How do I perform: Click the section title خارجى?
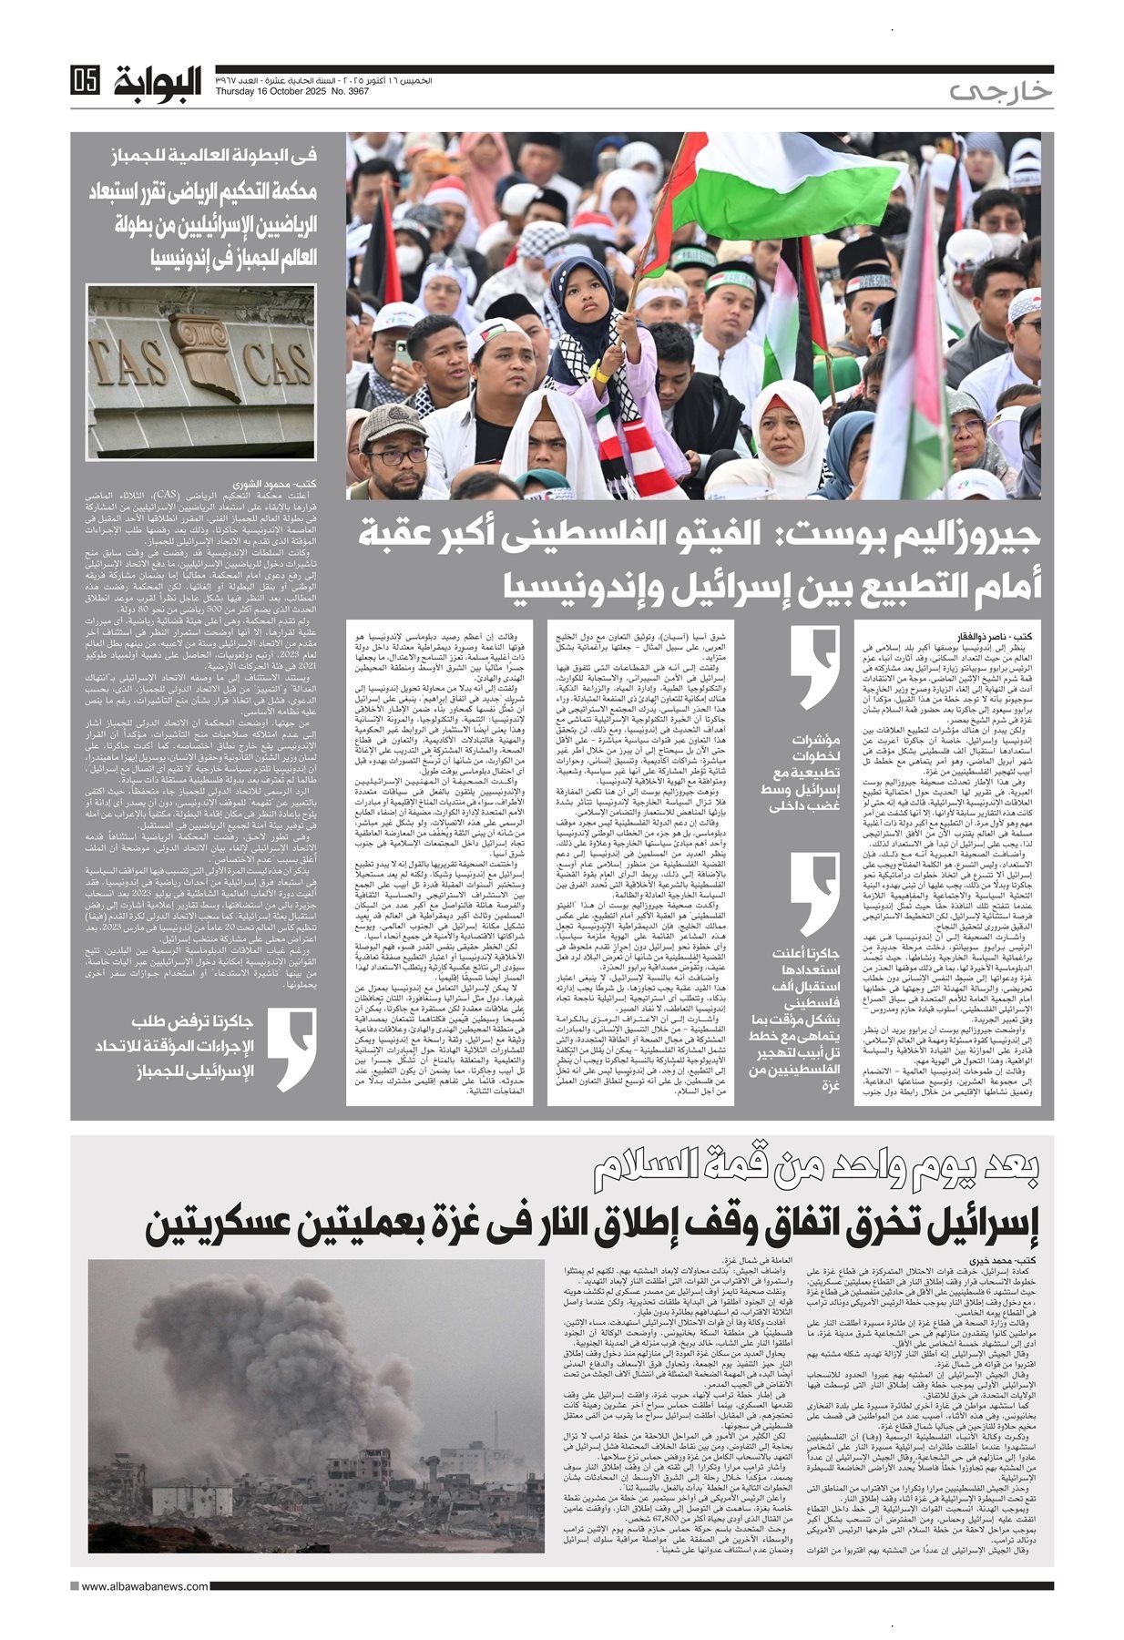1000,90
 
